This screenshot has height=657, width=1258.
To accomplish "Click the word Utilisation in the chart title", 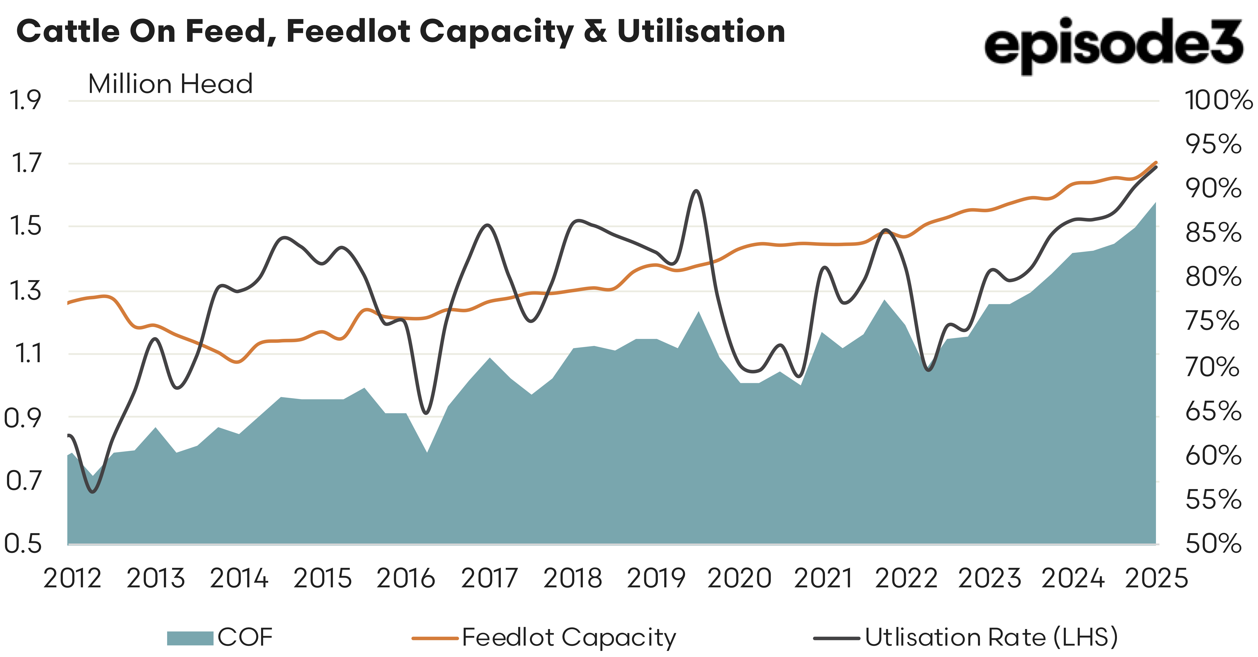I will [701, 31].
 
